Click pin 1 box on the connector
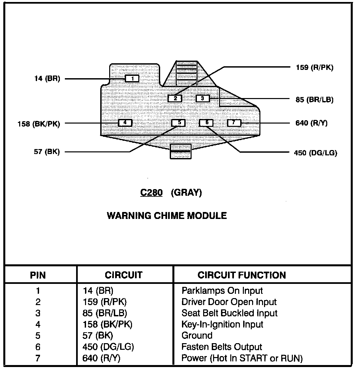coord(132,79)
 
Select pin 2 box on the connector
coord(175,98)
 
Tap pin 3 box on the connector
coord(203,98)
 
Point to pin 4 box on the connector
coord(125,123)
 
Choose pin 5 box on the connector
coord(179,123)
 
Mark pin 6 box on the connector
coord(206,123)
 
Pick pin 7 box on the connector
coord(234,123)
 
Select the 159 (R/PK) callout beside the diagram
coord(314,68)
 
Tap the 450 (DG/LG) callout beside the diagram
coord(315,153)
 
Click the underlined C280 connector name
coord(151,193)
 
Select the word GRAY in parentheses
coord(186,193)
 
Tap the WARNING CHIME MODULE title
coord(167,216)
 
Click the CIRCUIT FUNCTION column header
coord(242,275)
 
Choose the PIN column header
coord(38,275)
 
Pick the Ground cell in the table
coord(197,336)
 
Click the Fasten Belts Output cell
coord(222,347)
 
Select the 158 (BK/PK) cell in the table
coord(107,324)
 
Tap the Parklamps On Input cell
coord(222,291)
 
